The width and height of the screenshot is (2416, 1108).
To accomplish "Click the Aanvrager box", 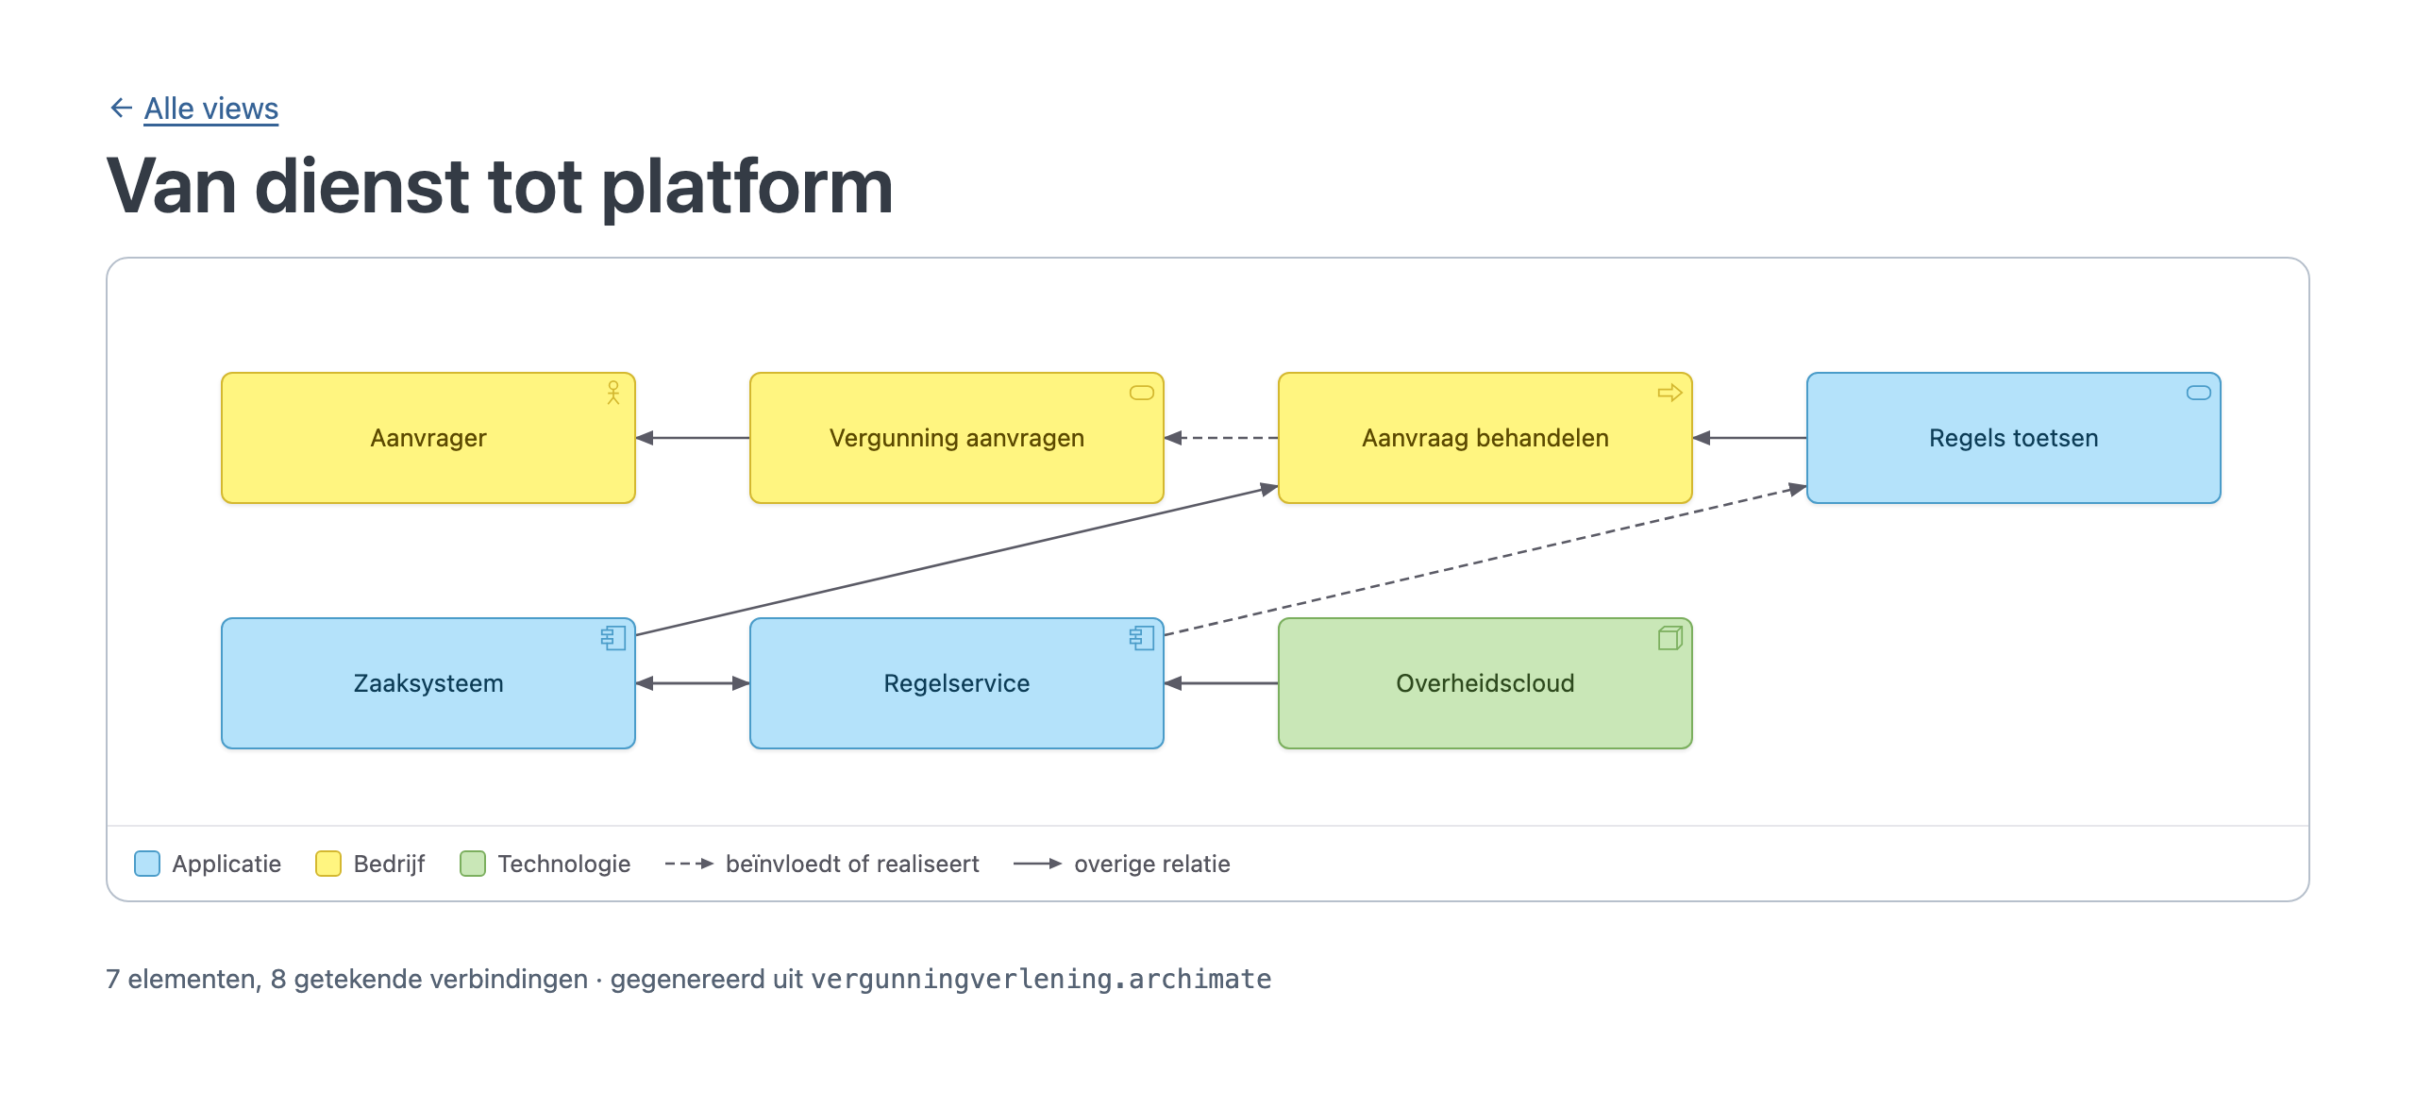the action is tap(428, 438).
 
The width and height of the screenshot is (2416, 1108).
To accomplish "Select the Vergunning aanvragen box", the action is tap(957, 438).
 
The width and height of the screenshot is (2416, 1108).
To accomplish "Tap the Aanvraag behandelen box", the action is tap(1485, 438).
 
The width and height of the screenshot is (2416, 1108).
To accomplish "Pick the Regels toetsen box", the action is tap(2014, 438).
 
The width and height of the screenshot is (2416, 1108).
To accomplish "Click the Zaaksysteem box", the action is tap(428, 683).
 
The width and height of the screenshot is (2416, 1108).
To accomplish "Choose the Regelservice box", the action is tap(957, 683).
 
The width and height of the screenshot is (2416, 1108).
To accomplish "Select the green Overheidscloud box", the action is tap(1485, 683).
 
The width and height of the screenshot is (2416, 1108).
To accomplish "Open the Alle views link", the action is tap(211, 109).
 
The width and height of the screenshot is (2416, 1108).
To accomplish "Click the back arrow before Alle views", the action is tap(121, 108).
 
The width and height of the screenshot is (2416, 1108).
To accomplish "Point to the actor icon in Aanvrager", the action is tap(613, 393).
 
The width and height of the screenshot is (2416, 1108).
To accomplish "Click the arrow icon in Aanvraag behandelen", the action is tap(1670, 393).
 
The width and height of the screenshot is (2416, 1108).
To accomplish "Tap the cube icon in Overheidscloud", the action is tap(1670, 638).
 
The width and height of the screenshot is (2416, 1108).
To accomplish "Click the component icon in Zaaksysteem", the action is tap(613, 638).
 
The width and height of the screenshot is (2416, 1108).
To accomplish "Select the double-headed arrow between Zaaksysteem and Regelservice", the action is tap(693, 683).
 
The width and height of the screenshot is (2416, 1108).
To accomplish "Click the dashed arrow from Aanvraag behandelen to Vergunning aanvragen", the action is tap(1221, 438).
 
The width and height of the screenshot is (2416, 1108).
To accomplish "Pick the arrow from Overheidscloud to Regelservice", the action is tap(1221, 683).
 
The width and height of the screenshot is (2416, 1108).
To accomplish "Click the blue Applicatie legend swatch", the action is tap(147, 864).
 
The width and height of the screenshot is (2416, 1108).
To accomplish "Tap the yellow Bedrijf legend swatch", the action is tap(328, 864).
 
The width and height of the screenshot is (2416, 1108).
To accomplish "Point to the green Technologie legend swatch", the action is tap(473, 864).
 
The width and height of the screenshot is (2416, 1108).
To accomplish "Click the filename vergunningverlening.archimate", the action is tap(1041, 980).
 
